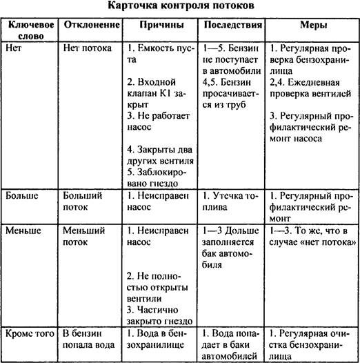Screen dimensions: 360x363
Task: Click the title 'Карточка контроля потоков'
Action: click(x=179, y=6)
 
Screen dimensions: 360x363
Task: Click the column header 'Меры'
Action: click(x=312, y=24)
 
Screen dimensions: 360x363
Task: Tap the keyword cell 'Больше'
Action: click(x=21, y=195)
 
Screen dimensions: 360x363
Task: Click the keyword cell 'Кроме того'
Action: click(x=29, y=333)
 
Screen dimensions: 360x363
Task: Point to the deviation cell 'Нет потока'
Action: click(x=85, y=48)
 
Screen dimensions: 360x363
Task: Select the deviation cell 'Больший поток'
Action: click(x=81, y=201)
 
